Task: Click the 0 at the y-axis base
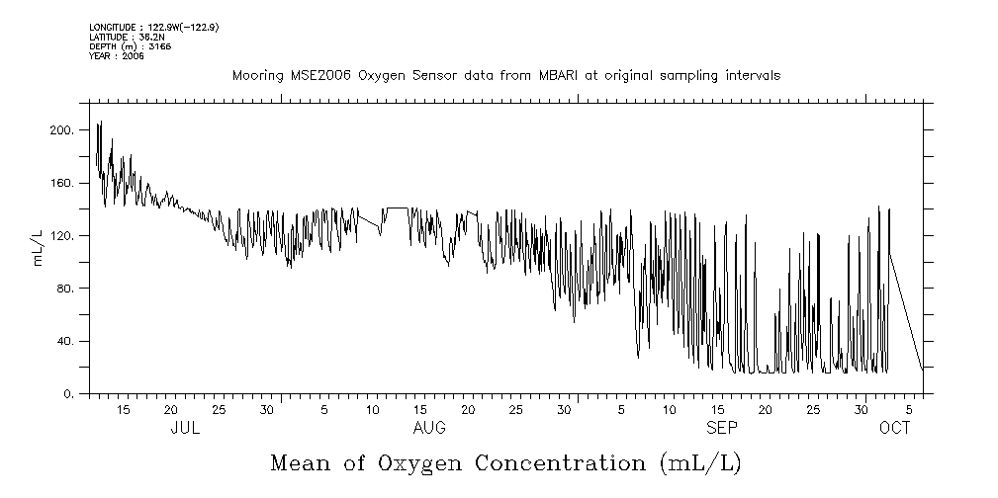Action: [69, 394]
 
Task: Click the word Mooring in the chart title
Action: [255, 76]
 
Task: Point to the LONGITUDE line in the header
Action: [153, 27]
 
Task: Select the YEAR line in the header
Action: [117, 56]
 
